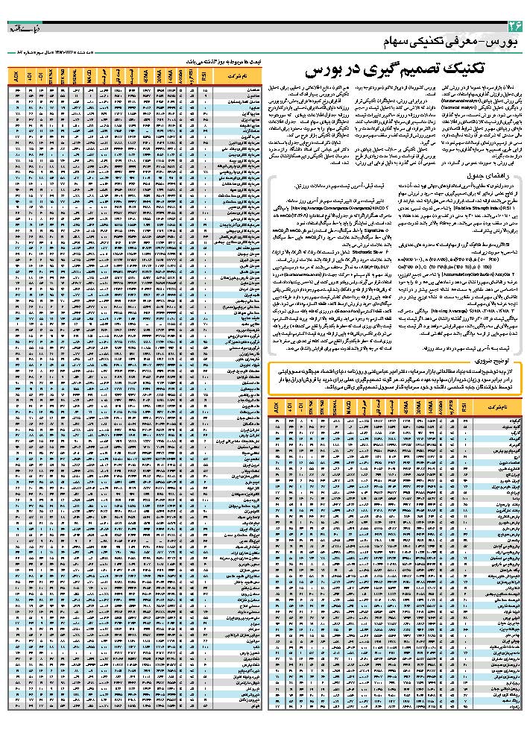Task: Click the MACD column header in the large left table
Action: [x=88, y=77]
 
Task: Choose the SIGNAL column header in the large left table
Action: [x=76, y=77]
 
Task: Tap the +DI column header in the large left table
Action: [x=28, y=77]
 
